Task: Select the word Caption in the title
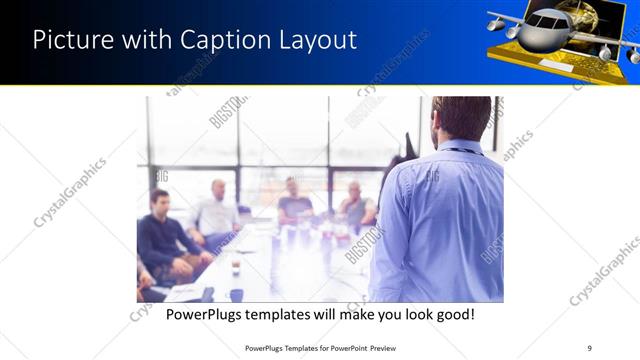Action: [x=221, y=40]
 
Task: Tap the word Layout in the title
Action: [x=314, y=40]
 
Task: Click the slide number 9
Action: [x=590, y=347]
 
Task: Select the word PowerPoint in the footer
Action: [x=342, y=347]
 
